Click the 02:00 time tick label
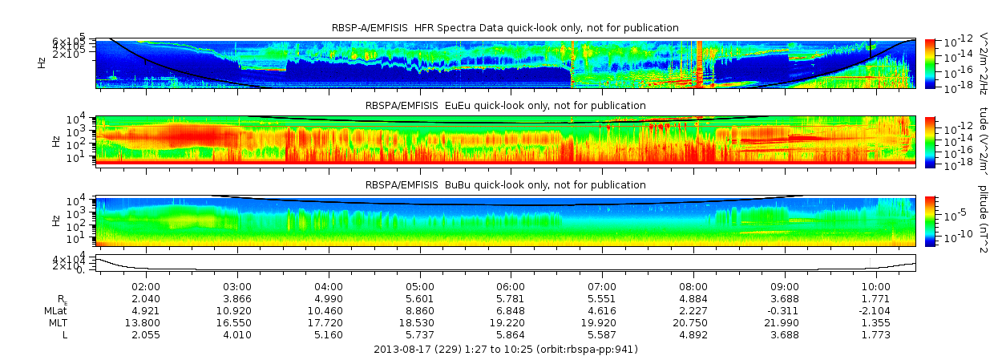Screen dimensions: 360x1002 coord(146,287)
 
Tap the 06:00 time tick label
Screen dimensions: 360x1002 coord(511,287)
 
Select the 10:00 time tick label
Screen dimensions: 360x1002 coord(876,287)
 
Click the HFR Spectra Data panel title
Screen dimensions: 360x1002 coord(505,28)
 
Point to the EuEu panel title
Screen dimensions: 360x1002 coord(505,106)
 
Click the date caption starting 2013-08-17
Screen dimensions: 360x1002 coord(506,350)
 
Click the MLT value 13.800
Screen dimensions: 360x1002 coord(146,322)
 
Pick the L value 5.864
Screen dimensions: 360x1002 coord(511,334)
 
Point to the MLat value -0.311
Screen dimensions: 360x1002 coord(785,310)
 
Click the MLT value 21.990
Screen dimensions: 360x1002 coord(785,322)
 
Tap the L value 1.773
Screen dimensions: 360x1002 coord(876,334)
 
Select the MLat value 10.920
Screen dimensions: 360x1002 coord(237,310)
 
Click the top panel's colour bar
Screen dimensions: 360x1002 coord(930,63)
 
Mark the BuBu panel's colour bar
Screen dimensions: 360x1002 coord(930,220)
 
